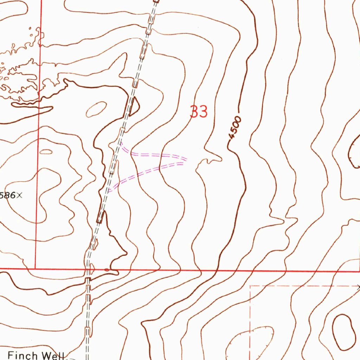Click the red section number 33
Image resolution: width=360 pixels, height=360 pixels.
199,112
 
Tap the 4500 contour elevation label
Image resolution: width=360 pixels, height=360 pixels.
235,129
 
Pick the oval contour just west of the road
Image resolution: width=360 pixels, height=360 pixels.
96,109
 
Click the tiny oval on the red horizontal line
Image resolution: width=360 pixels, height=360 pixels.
107,270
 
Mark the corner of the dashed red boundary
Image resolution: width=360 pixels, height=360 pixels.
250,286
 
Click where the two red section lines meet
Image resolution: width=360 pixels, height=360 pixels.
36,269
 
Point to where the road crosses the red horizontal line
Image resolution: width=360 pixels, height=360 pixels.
88,270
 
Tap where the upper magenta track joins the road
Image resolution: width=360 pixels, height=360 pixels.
120,142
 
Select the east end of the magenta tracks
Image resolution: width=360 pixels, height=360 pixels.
185,160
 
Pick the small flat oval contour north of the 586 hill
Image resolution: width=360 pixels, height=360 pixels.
46,152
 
